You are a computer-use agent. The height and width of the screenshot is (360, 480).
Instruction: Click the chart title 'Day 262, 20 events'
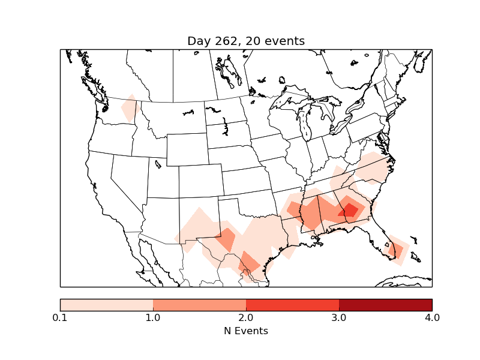[246, 41]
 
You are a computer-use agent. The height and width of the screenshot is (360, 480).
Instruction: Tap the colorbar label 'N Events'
[246, 331]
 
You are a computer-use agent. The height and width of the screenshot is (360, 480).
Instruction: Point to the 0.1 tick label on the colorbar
[60, 317]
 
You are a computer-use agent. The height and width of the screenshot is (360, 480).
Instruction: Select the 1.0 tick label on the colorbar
[153, 317]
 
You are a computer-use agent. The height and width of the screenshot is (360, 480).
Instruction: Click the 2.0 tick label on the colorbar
[246, 317]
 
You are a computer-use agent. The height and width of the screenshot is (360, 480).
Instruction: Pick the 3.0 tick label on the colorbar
[339, 317]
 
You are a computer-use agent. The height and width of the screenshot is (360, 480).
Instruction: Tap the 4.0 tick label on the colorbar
[432, 317]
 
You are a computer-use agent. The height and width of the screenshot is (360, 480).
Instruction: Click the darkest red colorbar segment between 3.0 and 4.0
[385, 304]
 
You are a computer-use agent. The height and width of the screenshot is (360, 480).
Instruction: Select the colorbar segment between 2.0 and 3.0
[292, 304]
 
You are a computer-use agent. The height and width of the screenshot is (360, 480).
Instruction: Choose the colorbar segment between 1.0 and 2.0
[199, 304]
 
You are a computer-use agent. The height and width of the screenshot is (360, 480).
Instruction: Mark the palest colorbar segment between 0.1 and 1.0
[106, 304]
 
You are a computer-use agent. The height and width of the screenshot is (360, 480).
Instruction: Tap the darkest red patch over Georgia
[349, 210]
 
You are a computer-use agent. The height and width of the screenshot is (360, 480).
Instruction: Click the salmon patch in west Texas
[226, 239]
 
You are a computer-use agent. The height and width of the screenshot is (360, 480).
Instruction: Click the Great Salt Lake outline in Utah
[158, 163]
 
